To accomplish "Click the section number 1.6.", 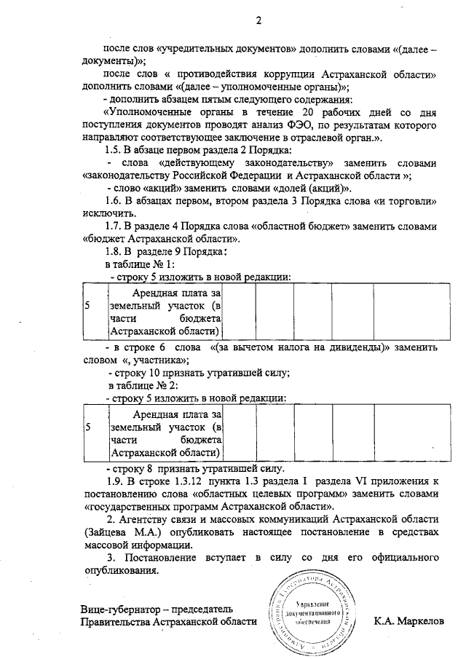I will point(116,200).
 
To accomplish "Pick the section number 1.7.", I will point(116,226).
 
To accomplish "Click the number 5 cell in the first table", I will point(88,306).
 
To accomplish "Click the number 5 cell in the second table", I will point(88,427).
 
